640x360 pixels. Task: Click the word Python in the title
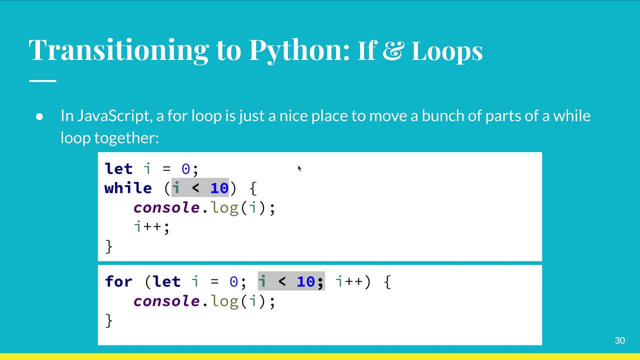[299, 50]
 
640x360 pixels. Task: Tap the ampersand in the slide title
[392, 50]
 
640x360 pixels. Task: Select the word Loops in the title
[447, 50]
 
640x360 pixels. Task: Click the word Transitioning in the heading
[118, 50]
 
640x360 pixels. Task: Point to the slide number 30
[619, 340]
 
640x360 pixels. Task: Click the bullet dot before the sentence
[40, 116]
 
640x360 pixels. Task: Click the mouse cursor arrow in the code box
[299, 168]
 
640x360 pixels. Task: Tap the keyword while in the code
[128, 188]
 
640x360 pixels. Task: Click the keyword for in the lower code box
[119, 281]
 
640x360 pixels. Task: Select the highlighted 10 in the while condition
[219, 188]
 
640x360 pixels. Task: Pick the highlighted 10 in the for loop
[305, 281]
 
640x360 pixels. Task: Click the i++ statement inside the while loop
[151, 226]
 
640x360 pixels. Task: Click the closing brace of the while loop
[108, 246]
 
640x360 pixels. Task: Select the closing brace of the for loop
[108, 320]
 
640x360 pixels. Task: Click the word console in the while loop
[166, 207]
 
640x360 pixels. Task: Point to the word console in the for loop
[166, 301]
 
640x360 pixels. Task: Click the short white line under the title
[42, 80]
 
